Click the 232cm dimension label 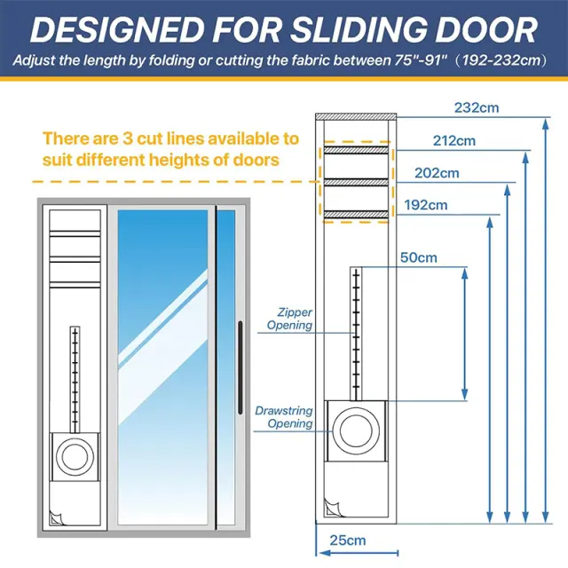pos(477,107)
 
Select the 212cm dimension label pos(454,140)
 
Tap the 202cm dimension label pos(437,173)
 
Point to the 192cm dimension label pos(426,205)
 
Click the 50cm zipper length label pos(418,257)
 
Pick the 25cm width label pos(348,540)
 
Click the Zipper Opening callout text pos(290,319)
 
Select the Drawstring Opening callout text pos(284,417)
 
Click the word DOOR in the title pos(486,29)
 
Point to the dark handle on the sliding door pos(240,367)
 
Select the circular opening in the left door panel pos(75,457)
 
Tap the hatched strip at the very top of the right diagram pos(356,116)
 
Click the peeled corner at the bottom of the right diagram pos(332,508)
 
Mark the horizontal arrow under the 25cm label pos(359,553)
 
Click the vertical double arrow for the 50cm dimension pos(465,334)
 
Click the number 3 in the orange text pos(128,138)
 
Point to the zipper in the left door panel pos(75,380)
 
